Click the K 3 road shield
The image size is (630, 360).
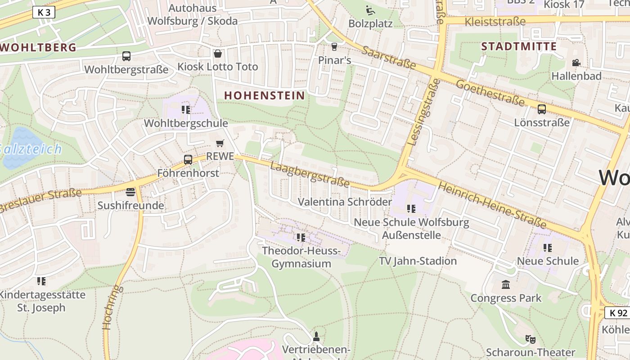click(x=44, y=13)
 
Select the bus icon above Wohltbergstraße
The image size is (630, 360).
click(x=126, y=56)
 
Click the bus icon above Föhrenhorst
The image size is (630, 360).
click(x=188, y=159)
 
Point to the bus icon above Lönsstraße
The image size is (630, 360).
click(x=542, y=109)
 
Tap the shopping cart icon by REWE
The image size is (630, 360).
click(x=220, y=143)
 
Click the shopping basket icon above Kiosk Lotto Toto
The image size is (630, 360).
click(x=218, y=54)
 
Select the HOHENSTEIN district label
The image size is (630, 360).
click(x=265, y=95)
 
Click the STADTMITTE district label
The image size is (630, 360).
click(x=519, y=46)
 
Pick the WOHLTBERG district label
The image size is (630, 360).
click(x=38, y=47)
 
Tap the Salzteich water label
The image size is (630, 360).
click(x=31, y=149)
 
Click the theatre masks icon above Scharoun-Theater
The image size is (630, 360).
click(x=530, y=339)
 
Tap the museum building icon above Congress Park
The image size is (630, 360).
click(x=506, y=284)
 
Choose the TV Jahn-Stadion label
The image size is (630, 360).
click(x=418, y=261)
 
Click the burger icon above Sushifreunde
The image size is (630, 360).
click(x=130, y=192)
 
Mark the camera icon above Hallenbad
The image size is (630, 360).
click(x=576, y=63)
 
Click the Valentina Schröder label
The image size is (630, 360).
click(x=345, y=202)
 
